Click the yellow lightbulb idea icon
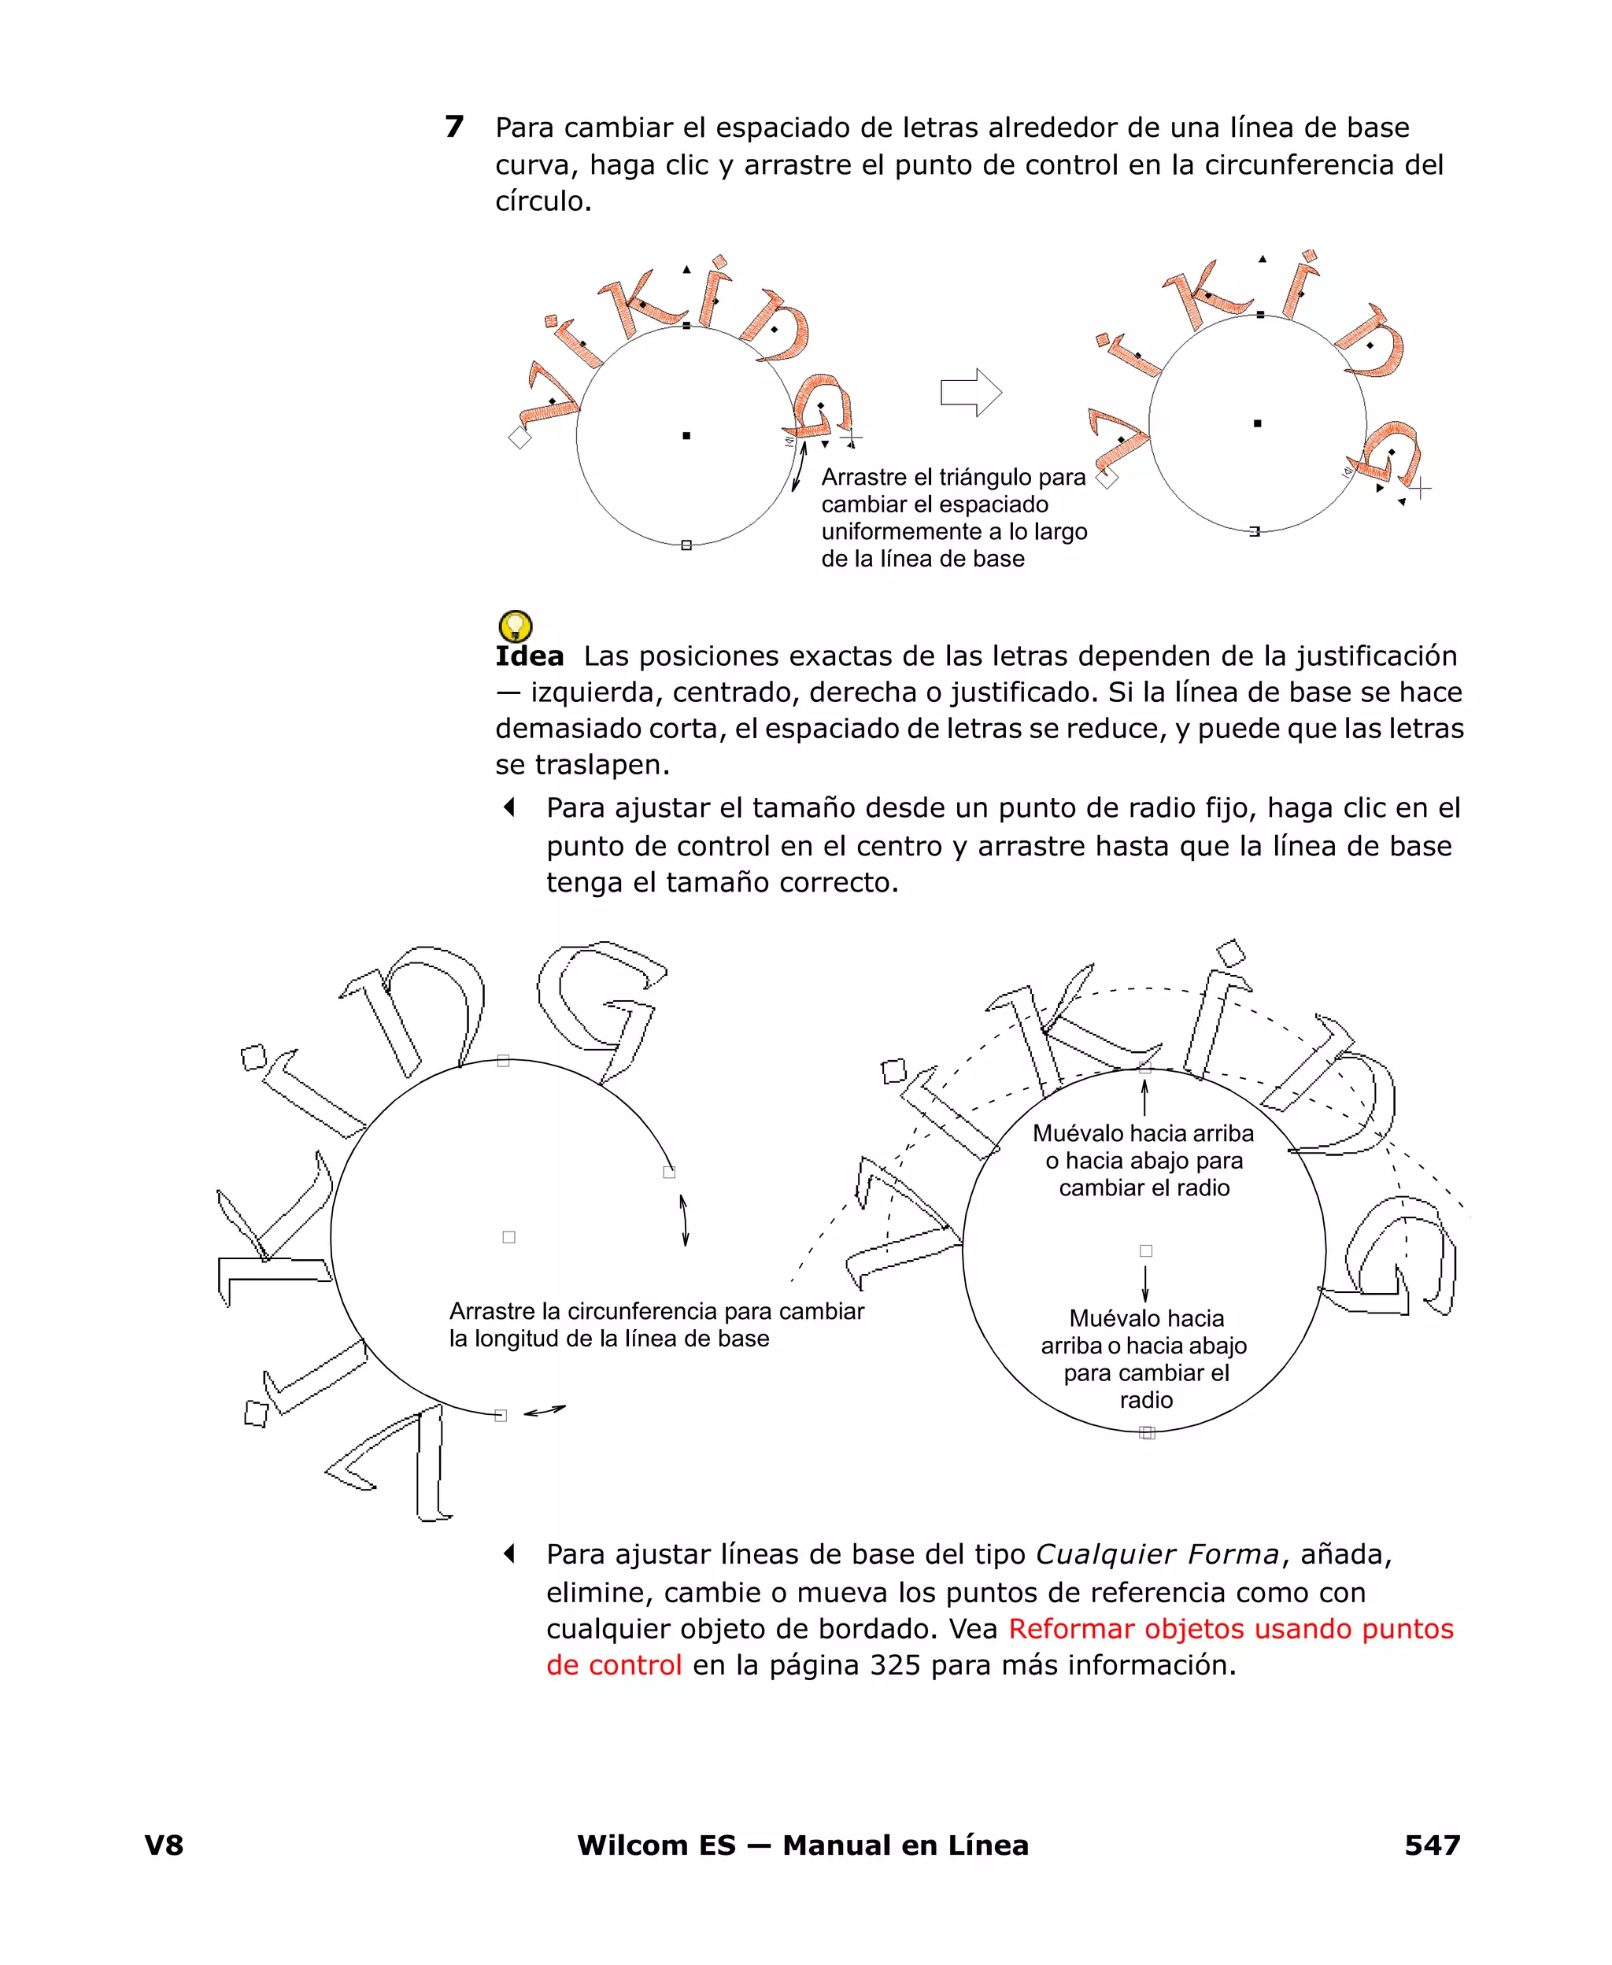(516, 625)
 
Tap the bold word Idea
(529, 656)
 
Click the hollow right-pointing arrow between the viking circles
(971, 393)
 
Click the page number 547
(1432, 1845)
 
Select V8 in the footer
(165, 1845)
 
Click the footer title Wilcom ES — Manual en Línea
(802, 1845)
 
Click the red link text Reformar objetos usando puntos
(1230, 1628)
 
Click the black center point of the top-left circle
(686, 435)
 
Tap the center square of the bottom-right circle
(1146, 1250)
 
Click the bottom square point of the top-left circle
(686, 545)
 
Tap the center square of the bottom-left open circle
(508, 1236)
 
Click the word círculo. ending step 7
(542, 201)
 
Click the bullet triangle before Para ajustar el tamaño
(508, 807)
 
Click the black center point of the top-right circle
(1257, 423)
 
